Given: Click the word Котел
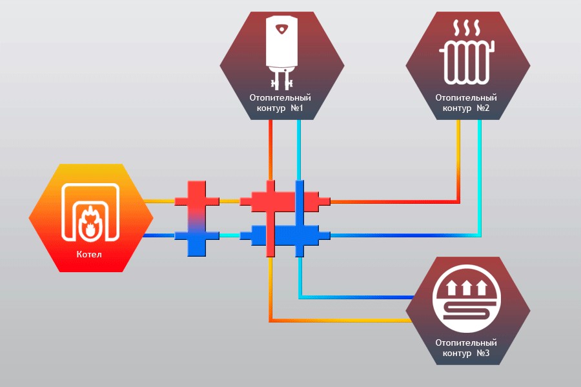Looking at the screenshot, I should point(91,254).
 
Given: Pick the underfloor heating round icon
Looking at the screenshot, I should point(467,301).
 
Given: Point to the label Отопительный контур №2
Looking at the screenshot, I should point(467,103).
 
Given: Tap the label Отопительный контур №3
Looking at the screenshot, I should point(467,348).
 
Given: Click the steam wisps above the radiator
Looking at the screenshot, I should point(466,28).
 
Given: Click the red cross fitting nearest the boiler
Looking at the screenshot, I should point(198,201).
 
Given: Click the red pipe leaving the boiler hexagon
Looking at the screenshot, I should point(160,201).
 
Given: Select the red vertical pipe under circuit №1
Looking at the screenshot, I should point(270,148).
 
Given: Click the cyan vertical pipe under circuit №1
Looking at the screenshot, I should point(298,148).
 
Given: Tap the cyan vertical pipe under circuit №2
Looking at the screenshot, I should point(480,168).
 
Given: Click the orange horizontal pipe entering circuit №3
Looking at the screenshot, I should point(342,320).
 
